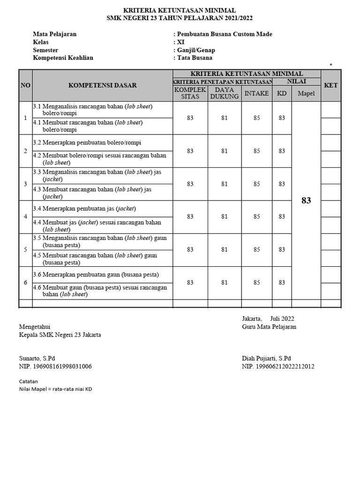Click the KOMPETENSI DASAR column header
103,85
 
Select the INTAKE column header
256,93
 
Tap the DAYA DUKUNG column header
225,93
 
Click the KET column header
330,85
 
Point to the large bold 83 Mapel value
306,201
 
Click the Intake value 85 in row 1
257,118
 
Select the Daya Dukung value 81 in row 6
225,283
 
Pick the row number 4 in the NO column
25,217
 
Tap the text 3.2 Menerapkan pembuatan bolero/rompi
87,142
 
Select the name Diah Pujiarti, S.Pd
266,358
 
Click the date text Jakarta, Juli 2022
268,319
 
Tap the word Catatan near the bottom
28,381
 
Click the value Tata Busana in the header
194,58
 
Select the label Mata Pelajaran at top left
54,34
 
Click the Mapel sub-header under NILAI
306,93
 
